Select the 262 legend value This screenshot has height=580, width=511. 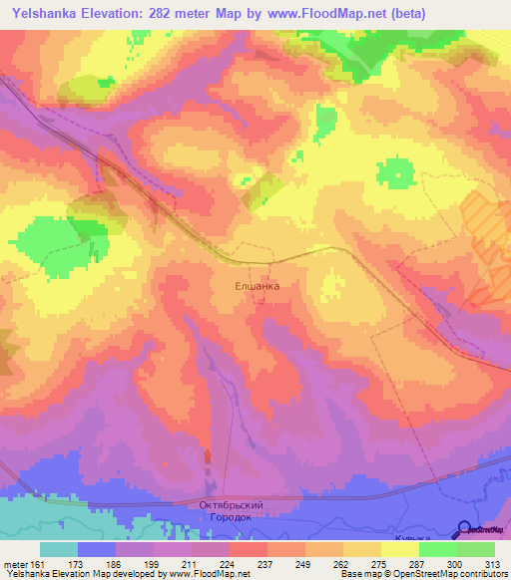tap(343, 563)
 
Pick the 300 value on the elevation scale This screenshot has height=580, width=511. tap(457, 563)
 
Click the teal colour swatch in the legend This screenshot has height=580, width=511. tap(58, 548)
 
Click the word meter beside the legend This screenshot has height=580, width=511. tap(15, 563)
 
